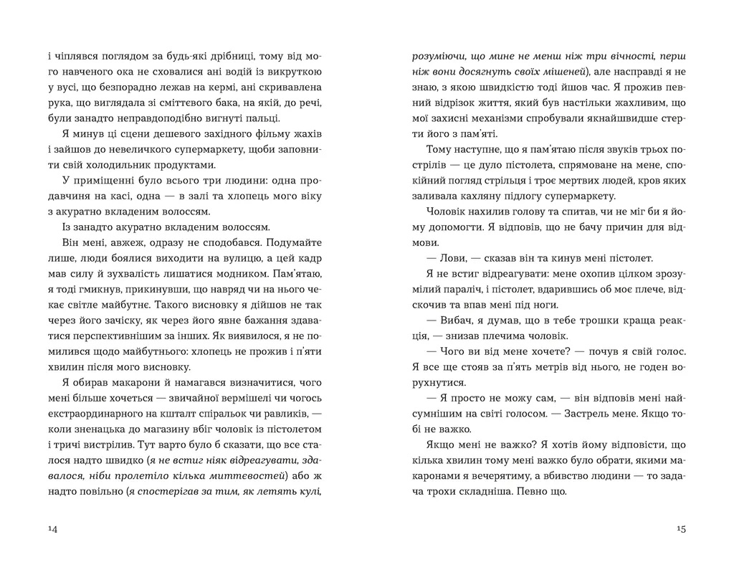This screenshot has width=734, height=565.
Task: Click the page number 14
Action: [52, 529]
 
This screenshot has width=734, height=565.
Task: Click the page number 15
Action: [681, 529]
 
